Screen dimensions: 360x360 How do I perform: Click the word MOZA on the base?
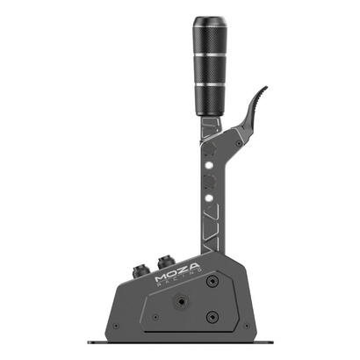[x=177, y=272]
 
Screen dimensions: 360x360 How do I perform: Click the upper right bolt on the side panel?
[x=212, y=281]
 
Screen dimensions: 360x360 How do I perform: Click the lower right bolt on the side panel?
[x=211, y=317]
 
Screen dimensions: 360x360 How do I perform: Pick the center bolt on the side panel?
[x=180, y=299]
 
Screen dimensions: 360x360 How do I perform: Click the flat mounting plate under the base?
[x=180, y=341]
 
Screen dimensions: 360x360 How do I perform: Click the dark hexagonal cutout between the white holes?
[x=209, y=179]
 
